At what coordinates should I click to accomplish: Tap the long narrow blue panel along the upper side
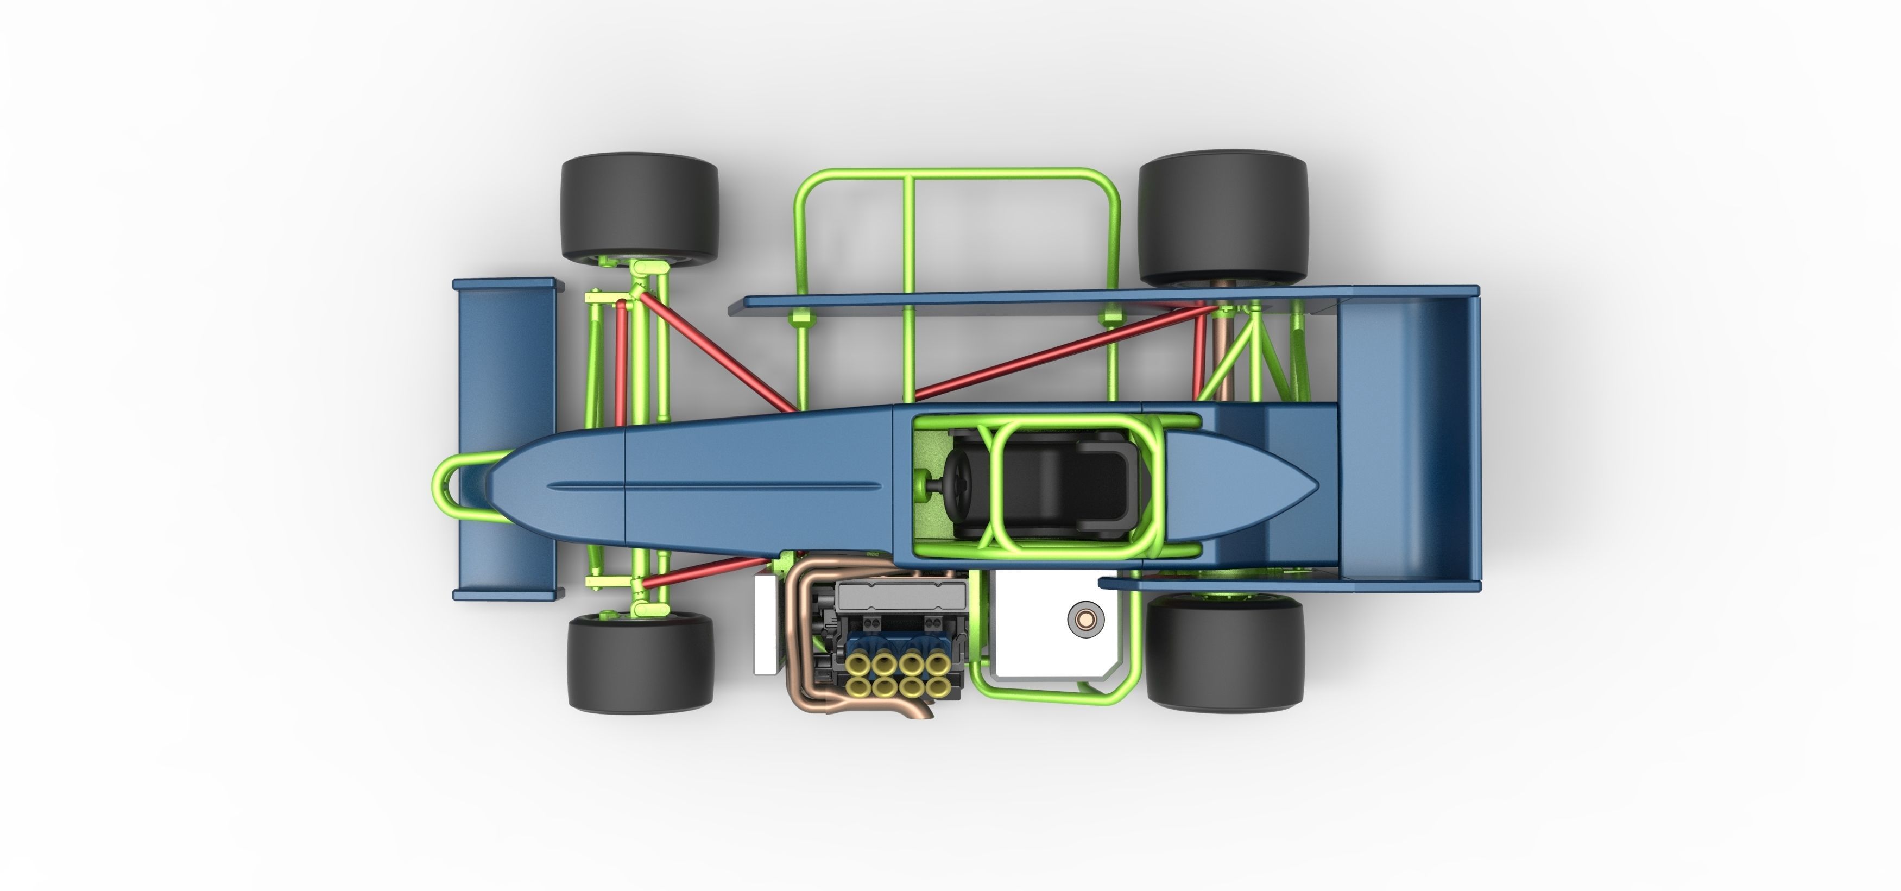(x=1033, y=299)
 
